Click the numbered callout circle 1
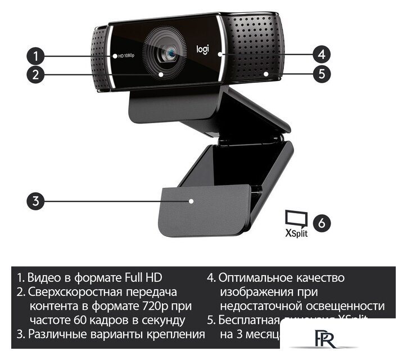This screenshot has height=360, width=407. click(x=35, y=56)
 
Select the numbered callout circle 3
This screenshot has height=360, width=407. click(x=35, y=201)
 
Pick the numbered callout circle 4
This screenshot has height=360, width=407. click(x=320, y=55)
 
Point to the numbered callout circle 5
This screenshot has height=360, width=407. click(x=320, y=73)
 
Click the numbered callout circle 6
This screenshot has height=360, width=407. click(x=321, y=222)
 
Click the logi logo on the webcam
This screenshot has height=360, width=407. click(x=202, y=49)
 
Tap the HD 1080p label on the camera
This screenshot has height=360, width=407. click(x=128, y=57)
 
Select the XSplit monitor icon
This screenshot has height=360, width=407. click(x=296, y=218)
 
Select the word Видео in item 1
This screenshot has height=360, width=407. click(x=43, y=278)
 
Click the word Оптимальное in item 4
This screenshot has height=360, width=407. click(x=261, y=278)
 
